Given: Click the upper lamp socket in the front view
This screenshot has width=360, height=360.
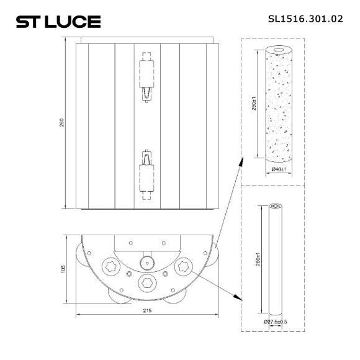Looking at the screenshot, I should [x=146, y=78].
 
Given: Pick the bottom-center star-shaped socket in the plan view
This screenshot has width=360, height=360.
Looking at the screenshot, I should [x=147, y=282].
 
